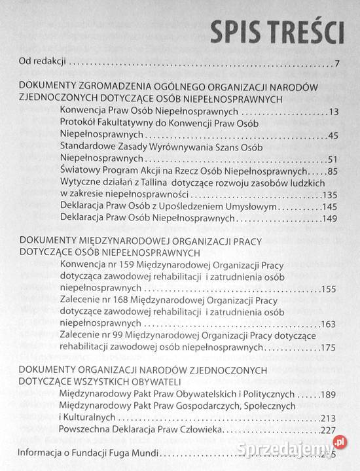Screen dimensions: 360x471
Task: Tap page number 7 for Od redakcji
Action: tap(335, 63)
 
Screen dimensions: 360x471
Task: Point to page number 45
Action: tap(332, 135)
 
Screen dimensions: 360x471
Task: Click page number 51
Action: tap(333, 159)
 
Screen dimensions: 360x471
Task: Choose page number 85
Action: tap(332, 171)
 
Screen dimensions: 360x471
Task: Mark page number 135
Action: tap(330, 195)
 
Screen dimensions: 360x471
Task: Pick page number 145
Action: tap(330, 207)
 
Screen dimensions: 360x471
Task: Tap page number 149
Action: tap(330, 218)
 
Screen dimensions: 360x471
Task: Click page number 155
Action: tap(329, 288)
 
